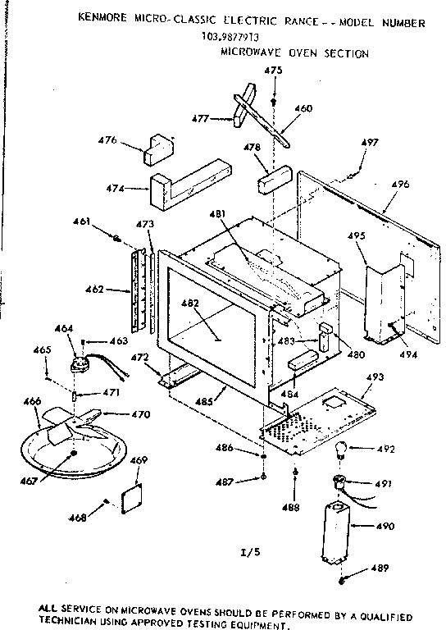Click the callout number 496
click(x=399, y=185)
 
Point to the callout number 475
click(x=273, y=71)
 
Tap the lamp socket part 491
click(x=339, y=482)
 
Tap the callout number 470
click(x=140, y=415)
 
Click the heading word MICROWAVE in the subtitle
click(x=251, y=53)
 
